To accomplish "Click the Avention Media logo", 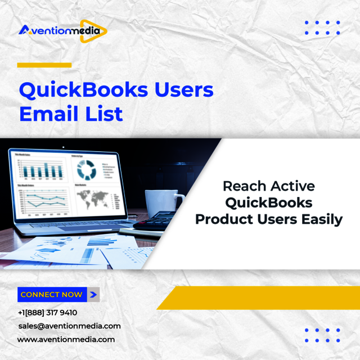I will click(x=62, y=29).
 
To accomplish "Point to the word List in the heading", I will click(x=104, y=114).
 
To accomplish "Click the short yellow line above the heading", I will click(x=44, y=65).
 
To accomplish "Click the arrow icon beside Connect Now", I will click(x=93, y=294).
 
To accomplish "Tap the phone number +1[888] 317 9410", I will click(x=47, y=313).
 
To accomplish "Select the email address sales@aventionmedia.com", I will click(x=69, y=326).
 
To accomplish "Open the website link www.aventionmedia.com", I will click(x=66, y=340).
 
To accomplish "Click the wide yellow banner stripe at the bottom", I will click(x=264, y=298).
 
